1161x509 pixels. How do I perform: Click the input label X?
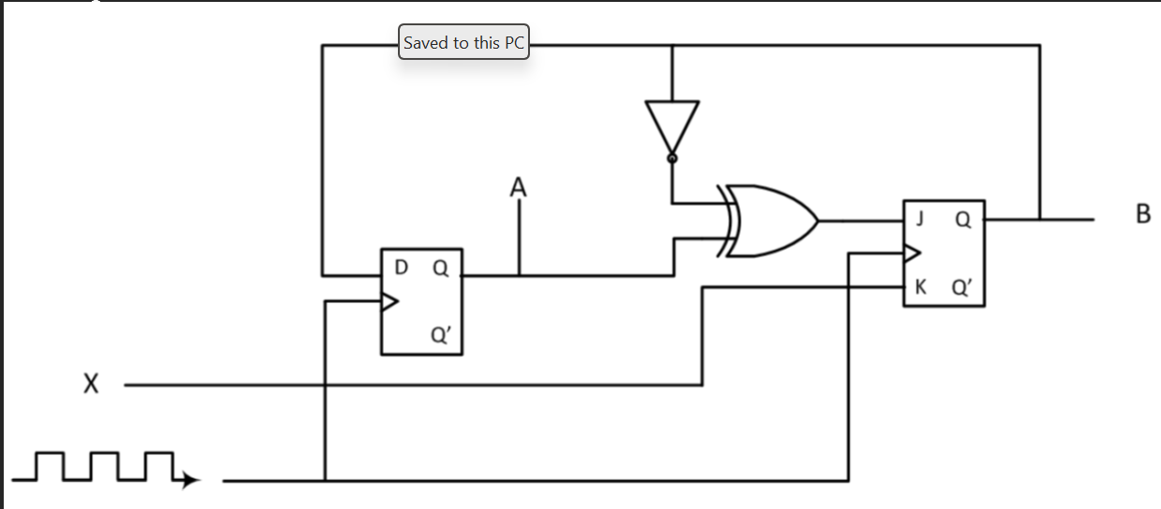(90, 385)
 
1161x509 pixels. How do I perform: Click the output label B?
(1141, 215)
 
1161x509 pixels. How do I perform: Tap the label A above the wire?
(518, 188)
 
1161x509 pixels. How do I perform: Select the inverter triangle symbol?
(672, 125)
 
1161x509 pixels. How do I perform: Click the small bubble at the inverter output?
(672, 159)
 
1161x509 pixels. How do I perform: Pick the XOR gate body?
(772, 221)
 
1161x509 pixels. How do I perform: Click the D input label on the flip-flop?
(402, 269)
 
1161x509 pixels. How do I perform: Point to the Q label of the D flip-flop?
(440, 269)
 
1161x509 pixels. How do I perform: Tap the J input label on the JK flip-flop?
(921, 219)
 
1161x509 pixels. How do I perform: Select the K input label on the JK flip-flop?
(921, 286)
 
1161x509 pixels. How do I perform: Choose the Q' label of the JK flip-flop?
(964, 286)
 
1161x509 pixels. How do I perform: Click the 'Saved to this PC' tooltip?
(464, 43)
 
